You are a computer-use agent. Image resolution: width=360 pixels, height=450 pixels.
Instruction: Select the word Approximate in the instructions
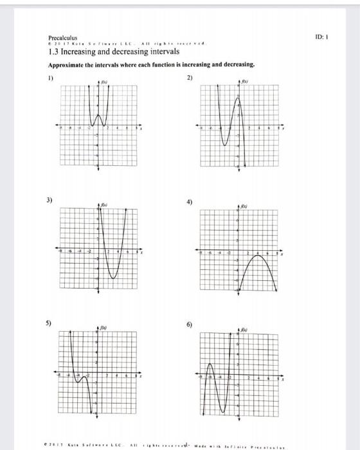(x=68, y=66)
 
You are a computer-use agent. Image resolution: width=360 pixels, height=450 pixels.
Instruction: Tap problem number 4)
(x=189, y=201)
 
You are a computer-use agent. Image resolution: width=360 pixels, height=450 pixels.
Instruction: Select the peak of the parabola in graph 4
(x=257, y=256)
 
